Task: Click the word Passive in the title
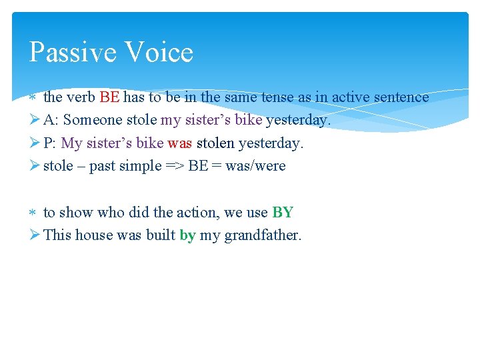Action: click(69, 53)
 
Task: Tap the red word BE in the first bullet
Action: click(109, 97)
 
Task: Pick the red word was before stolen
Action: click(179, 143)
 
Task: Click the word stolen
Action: click(215, 143)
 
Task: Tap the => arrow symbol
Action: click(175, 166)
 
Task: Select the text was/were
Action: click(255, 166)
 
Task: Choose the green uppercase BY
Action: click(283, 213)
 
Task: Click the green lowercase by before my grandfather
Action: click(187, 235)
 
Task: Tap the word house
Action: click(93, 235)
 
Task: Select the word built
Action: click(160, 235)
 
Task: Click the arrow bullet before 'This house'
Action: click(35, 235)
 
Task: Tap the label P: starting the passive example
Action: click(51, 143)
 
